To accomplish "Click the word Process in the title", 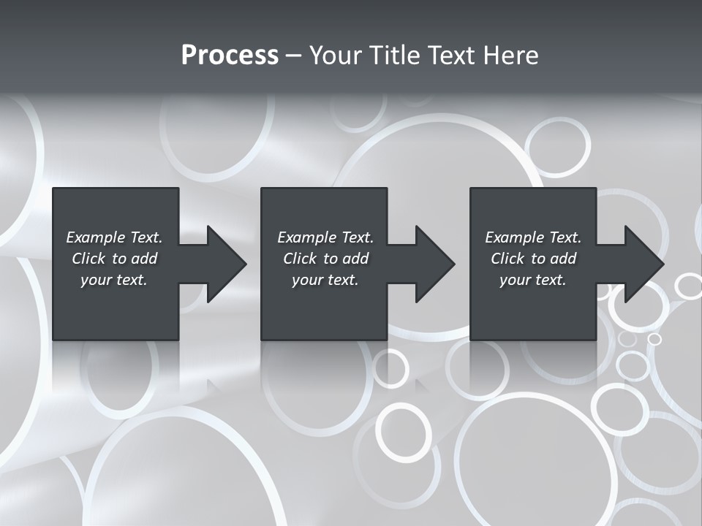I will pos(230,56).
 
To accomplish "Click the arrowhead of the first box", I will pos(227,264).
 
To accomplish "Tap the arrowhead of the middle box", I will pos(435,264).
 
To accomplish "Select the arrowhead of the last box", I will pos(644,264).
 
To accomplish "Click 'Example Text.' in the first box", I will pos(114,237).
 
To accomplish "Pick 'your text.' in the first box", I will pos(114,280).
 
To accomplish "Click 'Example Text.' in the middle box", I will pos(325,237).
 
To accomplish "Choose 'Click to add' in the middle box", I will pos(325,259).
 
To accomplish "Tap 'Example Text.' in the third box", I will pos(533,237).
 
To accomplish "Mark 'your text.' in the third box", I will pos(533,280).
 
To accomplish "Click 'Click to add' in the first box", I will pos(114,259).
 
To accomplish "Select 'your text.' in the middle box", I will pos(325,280).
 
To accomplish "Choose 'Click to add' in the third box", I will pos(533,259).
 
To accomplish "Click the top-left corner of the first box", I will pos(54,189).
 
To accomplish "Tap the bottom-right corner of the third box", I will pos(595,338).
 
